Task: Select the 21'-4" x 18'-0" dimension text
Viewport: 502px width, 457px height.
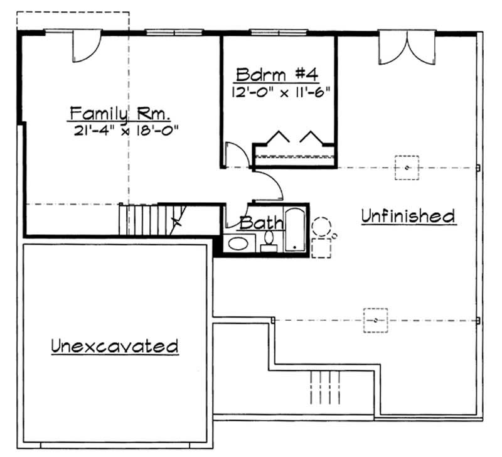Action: [x=126, y=131]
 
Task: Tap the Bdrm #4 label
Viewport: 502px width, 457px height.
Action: [x=277, y=75]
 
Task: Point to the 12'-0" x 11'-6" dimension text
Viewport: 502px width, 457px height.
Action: [x=280, y=91]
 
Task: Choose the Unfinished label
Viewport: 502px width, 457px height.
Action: [x=408, y=216]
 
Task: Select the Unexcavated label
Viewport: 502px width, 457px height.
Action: [x=115, y=345]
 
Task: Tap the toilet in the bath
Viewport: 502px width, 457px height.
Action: [x=269, y=240]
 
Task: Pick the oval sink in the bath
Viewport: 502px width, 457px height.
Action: [x=238, y=244]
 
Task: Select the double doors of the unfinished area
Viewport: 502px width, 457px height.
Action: [x=407, y=48]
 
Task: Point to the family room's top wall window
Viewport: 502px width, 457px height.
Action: [x=174, y=31]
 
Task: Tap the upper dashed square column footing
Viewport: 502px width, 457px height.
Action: [x=407, y=168]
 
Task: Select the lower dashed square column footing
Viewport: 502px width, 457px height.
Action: [x=375, y=320]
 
